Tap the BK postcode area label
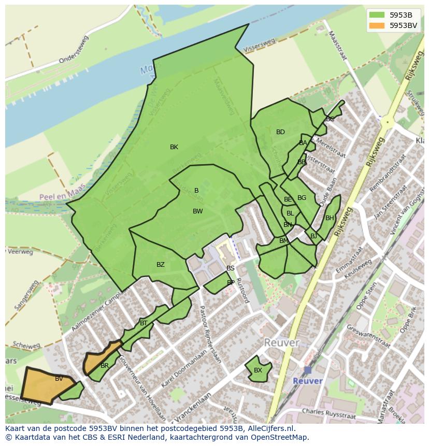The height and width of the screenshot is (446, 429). click(174, 147)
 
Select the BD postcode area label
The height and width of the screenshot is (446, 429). click(280, 132)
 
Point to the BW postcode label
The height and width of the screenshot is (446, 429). click(197, 211)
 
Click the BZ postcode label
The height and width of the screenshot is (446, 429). click(161, 265)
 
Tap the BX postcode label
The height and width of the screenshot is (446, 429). click(258, 370)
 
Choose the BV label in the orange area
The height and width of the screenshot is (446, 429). click(59, 379)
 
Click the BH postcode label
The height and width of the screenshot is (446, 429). click(330, 218)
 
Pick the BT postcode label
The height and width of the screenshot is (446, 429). click(144, 323)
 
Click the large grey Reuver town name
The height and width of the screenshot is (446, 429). click(281, 343)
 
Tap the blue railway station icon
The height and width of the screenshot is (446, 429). click(308, 370)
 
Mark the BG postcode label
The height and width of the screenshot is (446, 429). click(302, 198)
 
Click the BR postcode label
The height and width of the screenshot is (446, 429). click(105, 366)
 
